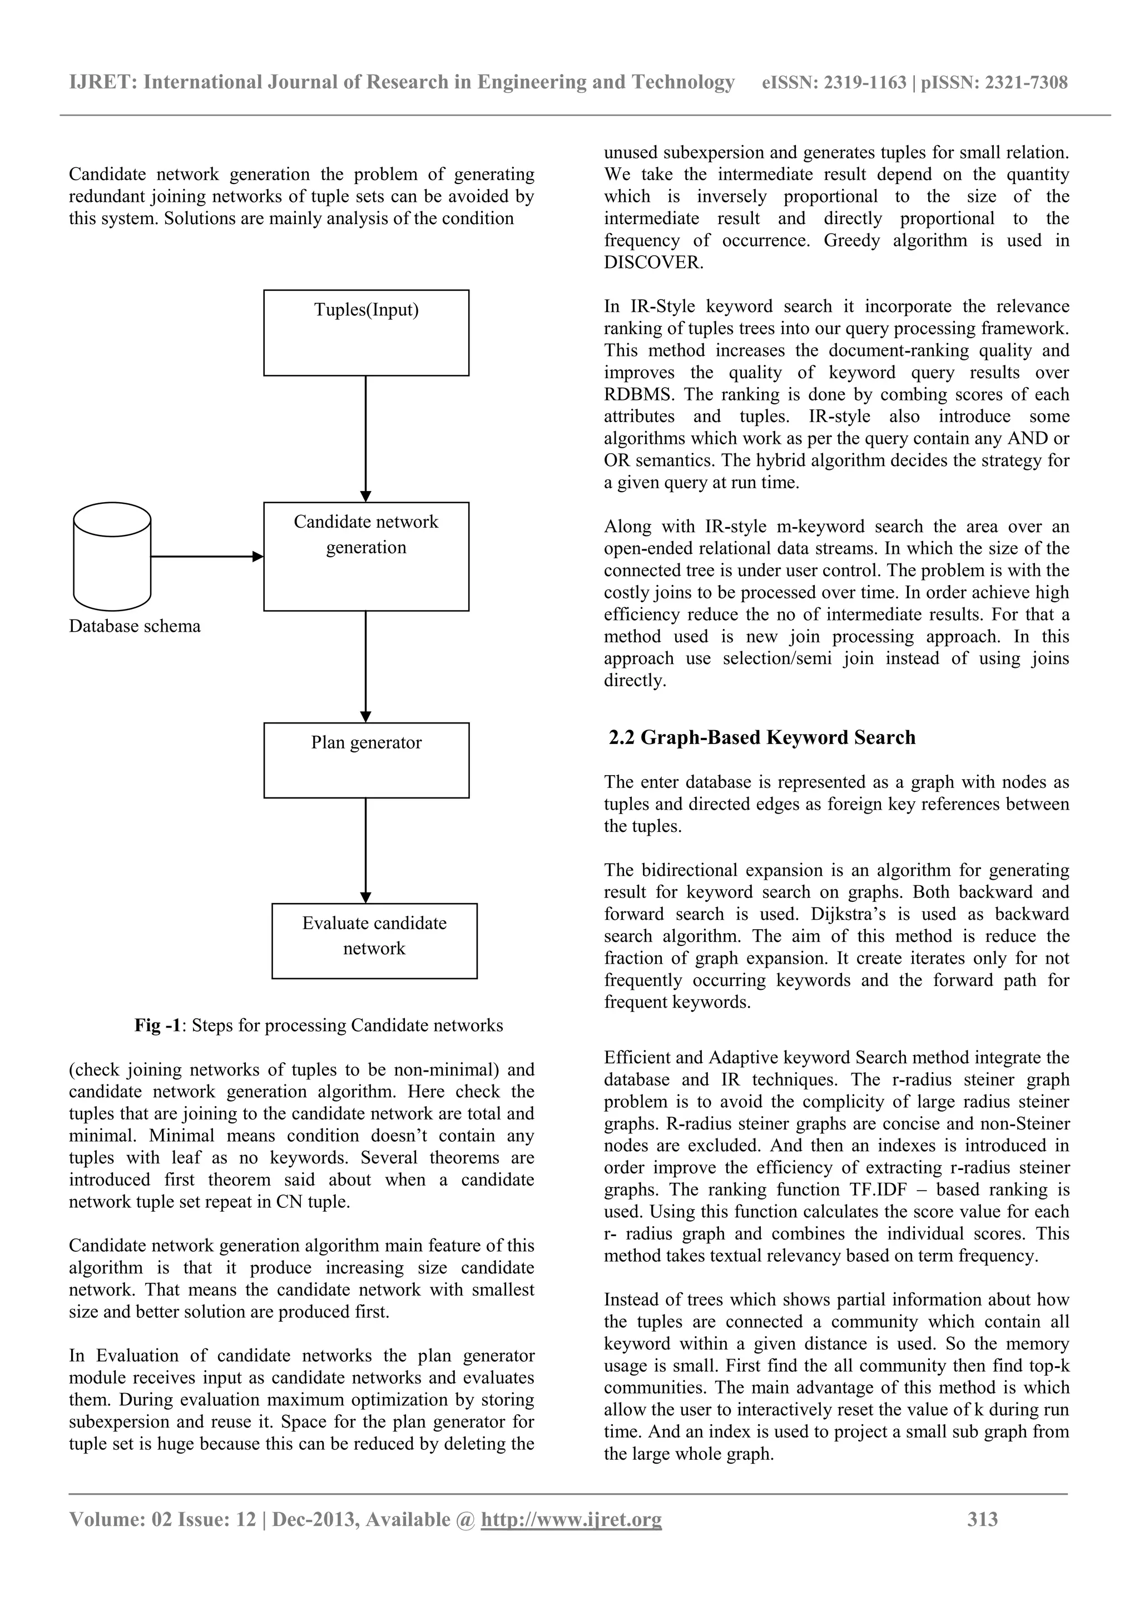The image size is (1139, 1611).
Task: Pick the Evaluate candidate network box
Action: point(374,940)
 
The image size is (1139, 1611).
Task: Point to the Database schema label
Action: point(135,626)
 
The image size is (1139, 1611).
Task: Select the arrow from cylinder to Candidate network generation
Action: point(207,557)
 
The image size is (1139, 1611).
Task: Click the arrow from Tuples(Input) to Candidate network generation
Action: point(365,439)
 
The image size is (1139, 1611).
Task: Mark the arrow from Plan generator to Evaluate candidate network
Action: point(365,850)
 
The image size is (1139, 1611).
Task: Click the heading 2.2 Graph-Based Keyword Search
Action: point(762,737)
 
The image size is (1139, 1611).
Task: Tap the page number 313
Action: point(983,1519)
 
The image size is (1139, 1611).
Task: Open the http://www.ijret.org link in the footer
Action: point(571,1520)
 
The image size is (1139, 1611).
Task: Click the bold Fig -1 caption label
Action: point(157,1026)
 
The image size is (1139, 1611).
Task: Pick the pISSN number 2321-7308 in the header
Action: point(1027,83)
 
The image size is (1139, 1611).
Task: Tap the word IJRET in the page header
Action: point(102,83)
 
